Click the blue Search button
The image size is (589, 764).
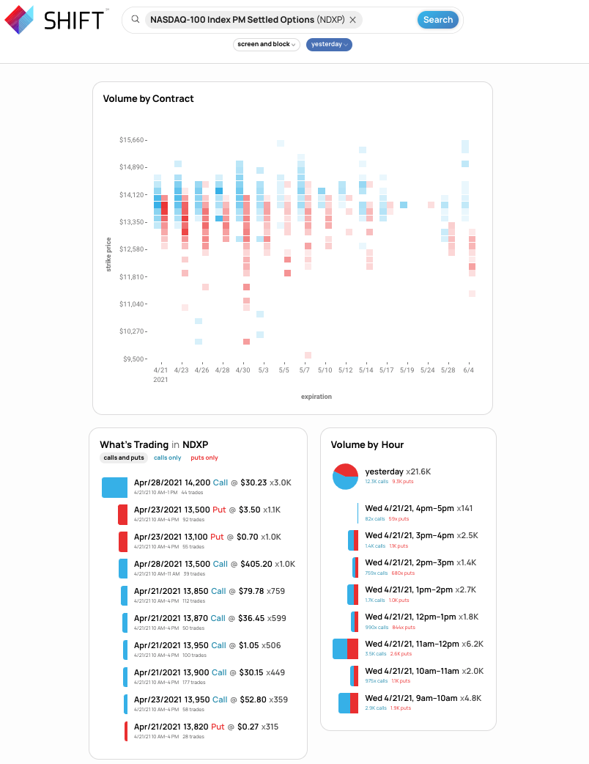tap(437, 20)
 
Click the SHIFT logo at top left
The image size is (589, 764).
tap(55, 20)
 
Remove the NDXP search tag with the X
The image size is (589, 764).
tap(353, 20)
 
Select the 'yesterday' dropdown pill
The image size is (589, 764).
tap(329, 45)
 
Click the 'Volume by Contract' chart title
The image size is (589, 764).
tap(148, 98)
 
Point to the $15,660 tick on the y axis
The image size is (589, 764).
tap(132, 139)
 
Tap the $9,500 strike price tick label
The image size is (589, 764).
tap(133, 359)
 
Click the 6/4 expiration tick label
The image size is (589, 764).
tap(468, 370)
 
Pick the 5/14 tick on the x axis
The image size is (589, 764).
tap(366, 370)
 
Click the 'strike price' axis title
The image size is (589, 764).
tap(109, 254)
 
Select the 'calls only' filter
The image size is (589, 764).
tap(167, 458)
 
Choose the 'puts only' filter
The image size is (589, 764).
tap(204, 458)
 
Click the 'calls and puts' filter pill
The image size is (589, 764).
tap(124, 458)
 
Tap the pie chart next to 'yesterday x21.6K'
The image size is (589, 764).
tap(345, 476)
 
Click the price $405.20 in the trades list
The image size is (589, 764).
tap(256, 564)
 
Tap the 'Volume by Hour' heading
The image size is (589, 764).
tap(367, 444)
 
